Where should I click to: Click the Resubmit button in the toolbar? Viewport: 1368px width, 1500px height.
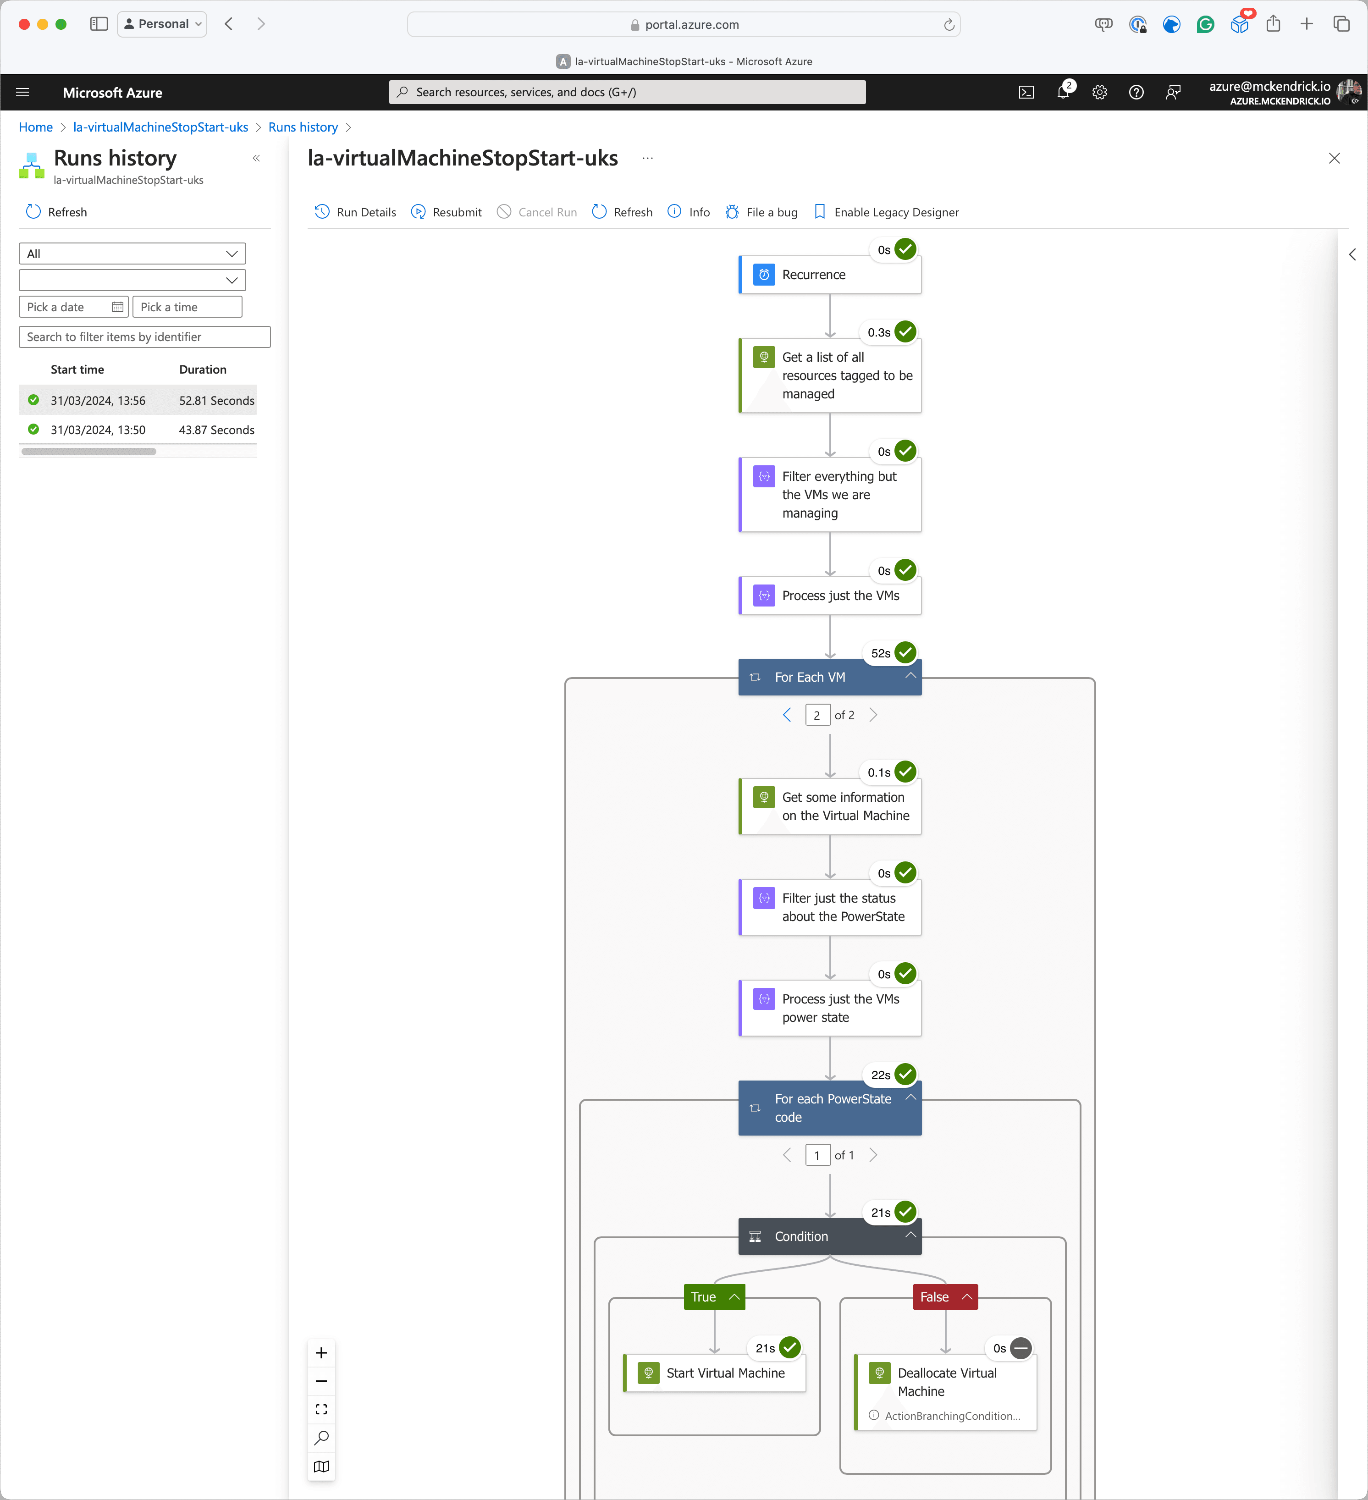coord(447,212)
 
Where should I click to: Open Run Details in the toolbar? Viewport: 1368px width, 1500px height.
coord(356,212)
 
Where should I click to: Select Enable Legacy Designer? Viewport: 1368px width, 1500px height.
coord(886,212)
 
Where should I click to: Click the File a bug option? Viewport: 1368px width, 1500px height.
coord(762,212)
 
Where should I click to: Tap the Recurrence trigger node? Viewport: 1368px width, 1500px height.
coord(829,275)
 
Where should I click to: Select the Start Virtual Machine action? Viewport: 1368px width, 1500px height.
coord(715,1373)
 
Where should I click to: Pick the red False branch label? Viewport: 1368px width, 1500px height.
coord(934,1297)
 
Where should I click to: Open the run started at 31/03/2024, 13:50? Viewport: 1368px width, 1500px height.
coord(98,430)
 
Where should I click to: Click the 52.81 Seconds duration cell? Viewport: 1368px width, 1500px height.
coord(216,400)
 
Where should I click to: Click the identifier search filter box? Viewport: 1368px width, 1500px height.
coord(144,337)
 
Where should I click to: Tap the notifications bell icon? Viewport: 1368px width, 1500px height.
coord(1063,92)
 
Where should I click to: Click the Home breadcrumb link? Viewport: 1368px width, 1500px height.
coord(36,127)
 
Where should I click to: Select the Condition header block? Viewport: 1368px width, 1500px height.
coord(829,1236)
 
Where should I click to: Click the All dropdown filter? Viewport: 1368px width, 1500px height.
coord(132,254)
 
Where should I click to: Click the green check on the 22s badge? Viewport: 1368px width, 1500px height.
coord(905,1075)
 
